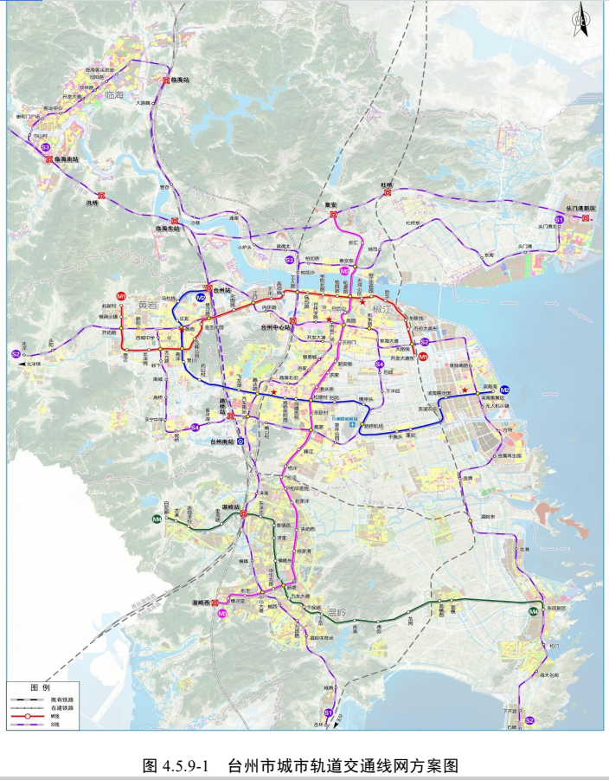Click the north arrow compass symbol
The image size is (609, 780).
[x=582, y=20]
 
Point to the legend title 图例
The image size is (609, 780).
[x=35, y=687]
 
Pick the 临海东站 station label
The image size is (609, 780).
[x=167, y=229]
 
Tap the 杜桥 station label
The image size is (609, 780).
[x=387, y=185]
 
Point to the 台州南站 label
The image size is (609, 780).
[x=223, y=442]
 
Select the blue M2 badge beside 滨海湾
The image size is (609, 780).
[x=504, y=389]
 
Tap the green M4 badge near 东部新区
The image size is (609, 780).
[x=533, y=612]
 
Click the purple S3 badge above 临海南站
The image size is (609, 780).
[x=46, y=148]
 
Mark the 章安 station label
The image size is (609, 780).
[x=330, y=205]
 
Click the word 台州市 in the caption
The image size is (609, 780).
[x=250, y=765]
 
